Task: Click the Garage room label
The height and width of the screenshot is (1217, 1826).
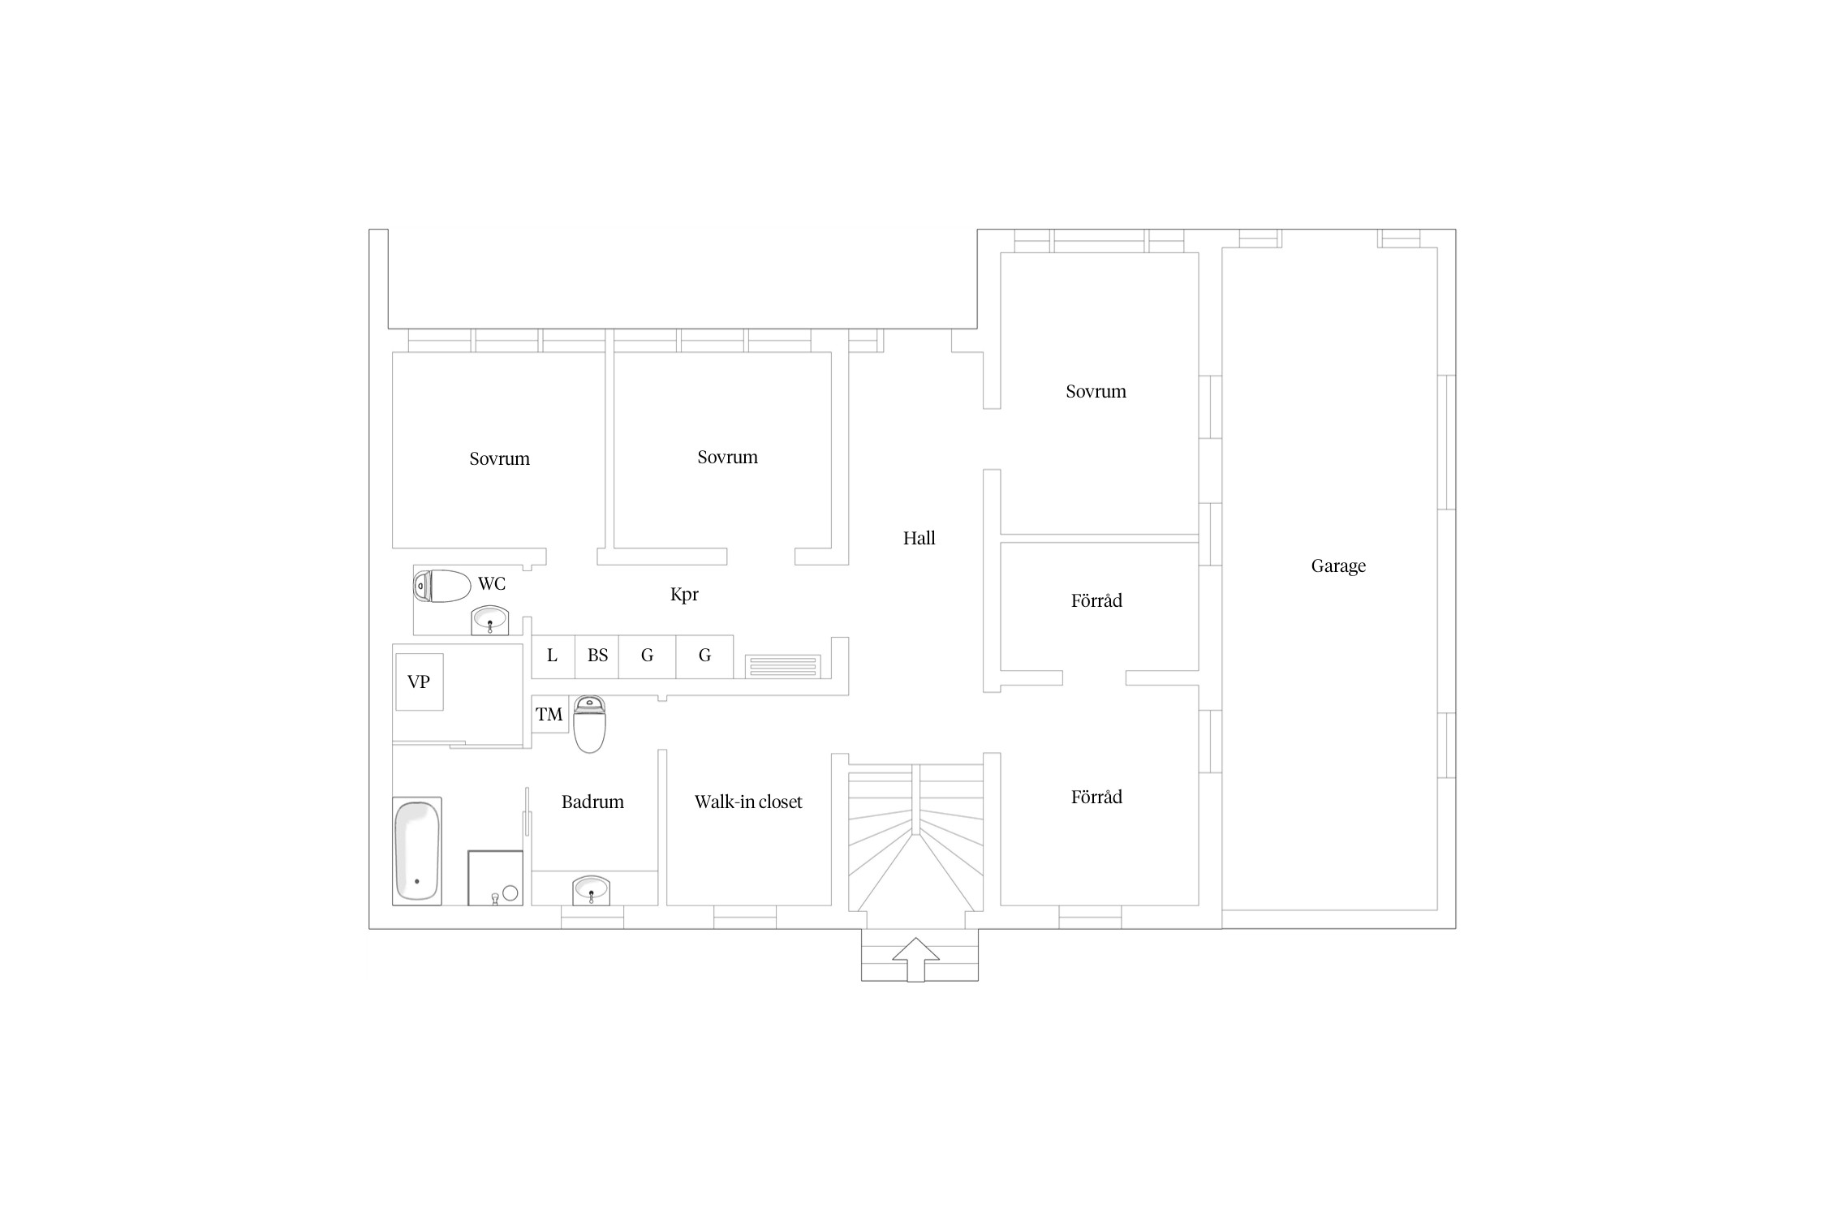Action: click(x=1338, y=566)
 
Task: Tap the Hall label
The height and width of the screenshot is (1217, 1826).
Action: click(x=919, y=538)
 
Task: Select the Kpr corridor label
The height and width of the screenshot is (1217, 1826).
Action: click(x=684, y=595)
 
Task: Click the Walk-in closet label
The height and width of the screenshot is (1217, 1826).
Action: click(x=748, y=802)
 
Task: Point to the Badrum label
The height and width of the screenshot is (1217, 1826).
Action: click(x=592, y=802)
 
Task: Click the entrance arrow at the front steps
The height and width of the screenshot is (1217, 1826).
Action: click(x=915, y=960)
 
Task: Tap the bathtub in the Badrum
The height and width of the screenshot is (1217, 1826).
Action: click(x=417, y=851)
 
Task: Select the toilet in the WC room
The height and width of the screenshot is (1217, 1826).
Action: click(x=442, y=587)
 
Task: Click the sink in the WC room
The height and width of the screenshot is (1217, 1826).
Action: click(x=489, y=621)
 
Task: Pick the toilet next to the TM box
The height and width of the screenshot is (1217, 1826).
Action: click(x=589, y=724)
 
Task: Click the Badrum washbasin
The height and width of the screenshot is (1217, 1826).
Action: click(x=591, y=890)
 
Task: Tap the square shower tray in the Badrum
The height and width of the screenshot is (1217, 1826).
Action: click(x=495, y=878)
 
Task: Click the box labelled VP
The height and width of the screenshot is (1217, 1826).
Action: click(x=420, y=682)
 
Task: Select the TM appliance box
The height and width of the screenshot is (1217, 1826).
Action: click(x=549, y=715)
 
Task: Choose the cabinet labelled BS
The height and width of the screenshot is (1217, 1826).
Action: click(x=597, y=656)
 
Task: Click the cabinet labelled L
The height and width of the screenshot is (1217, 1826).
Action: click(x=553, y=656)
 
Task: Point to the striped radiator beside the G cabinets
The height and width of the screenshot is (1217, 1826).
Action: click(x=783, y=666)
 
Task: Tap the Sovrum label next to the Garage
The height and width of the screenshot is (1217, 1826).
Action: click(x=1096, y=392)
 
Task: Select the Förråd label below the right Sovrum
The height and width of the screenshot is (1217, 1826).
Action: click(x=1096, y=601)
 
